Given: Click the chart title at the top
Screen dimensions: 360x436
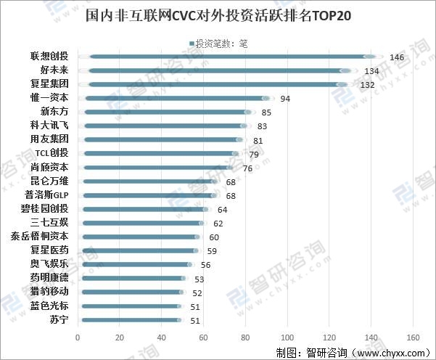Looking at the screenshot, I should pos(218,16).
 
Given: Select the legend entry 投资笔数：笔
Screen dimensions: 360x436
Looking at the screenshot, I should pos(221,44).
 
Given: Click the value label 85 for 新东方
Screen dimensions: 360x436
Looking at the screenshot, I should pos(266,112).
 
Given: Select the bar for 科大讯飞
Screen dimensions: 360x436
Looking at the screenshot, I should pos(163,126).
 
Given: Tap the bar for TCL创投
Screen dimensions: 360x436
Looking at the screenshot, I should pos(160,153).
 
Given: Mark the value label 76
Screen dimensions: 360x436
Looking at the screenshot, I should pos(247,168).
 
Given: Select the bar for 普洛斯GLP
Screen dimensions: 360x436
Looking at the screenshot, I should pos(149,195).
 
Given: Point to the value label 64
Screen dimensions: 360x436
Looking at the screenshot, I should pos(222,210).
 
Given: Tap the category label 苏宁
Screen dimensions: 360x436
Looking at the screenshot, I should pos(59,319).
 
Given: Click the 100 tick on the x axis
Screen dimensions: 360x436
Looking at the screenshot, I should pos(287,337).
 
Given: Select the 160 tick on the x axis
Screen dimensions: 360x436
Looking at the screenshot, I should pos(414,337).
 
